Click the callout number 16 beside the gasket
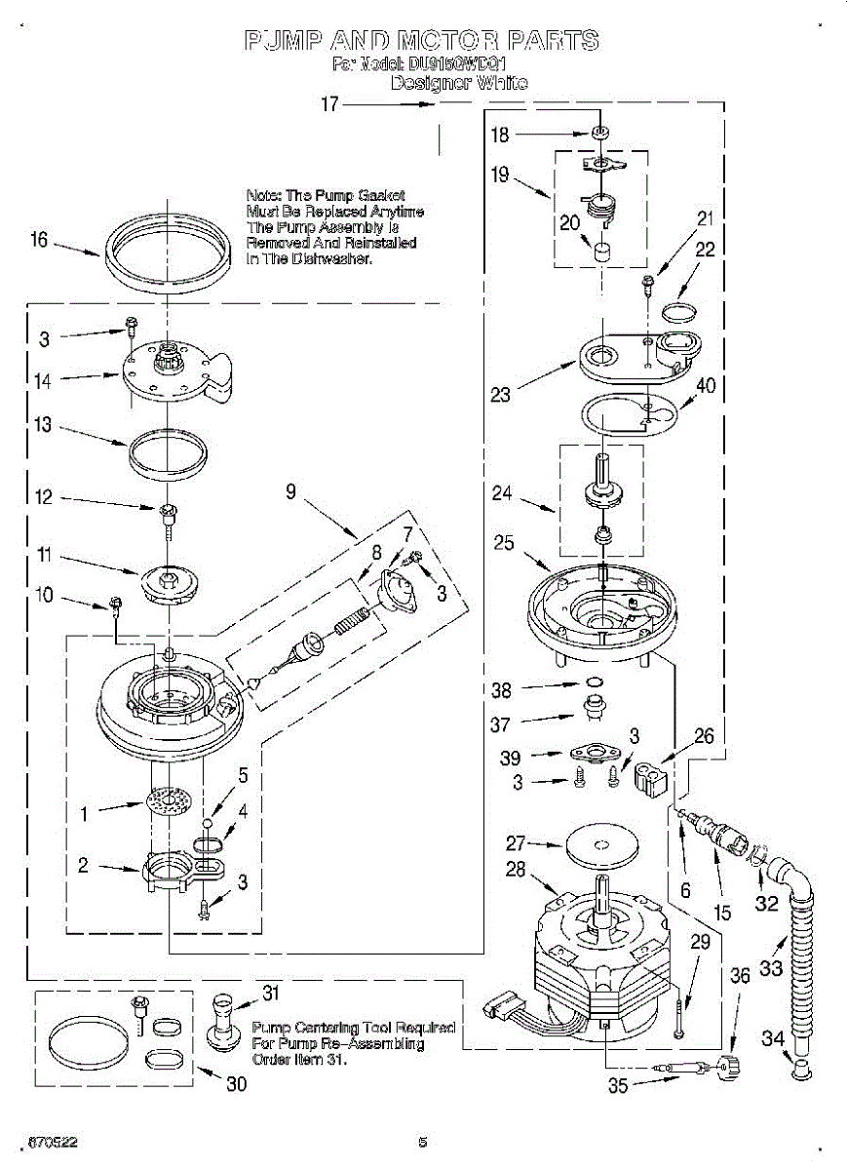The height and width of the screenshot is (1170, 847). (x=39, y=240)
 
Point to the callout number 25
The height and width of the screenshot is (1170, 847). (x=504, y=542)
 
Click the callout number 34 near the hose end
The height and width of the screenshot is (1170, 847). (x=772, y=1039)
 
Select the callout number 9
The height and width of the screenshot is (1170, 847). (x=290, y=492)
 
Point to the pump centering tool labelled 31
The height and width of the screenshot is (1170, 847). (x=228, y=1020)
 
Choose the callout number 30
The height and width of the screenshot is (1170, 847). (x=236, y=1084)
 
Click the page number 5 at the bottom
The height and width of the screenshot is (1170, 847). (x=423, y=1143)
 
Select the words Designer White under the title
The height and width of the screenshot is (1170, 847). (x=458, y=84)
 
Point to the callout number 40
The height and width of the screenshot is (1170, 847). (x=706, y=385)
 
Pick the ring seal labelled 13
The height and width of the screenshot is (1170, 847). (x=168, y=454)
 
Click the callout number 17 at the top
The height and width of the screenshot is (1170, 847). (x=329, y=103)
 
